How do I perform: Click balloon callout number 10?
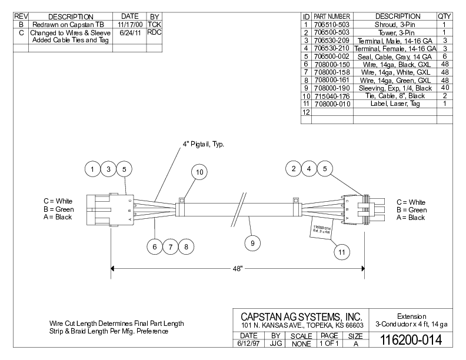point(199,172)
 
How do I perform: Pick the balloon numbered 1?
point(93,169)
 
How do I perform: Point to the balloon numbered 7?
point(170,247)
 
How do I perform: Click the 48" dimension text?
point(236,269)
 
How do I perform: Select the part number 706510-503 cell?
point(331,25)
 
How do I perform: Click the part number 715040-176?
point(331,96)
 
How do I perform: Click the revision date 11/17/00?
point(128,25)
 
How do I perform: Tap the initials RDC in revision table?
point(154,32)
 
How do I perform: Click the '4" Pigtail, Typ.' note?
point(203,144)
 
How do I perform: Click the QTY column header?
point(444,16)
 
